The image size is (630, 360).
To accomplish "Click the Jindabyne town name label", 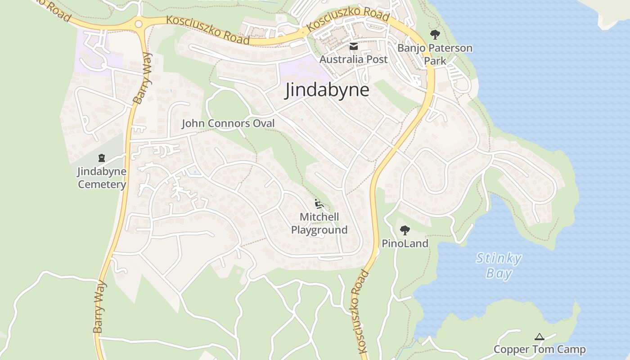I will pyautogui.click(x=327, y=90).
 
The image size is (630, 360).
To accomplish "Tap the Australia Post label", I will pyautogui.click(x=353, y=59).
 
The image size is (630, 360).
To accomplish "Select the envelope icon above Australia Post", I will pyautogui.click(x=353, y=46).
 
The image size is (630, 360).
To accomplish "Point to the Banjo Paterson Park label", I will pyautogui.click(x=435, y=54).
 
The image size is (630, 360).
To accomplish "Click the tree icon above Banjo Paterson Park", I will pyautogui.click(x=435, y=34).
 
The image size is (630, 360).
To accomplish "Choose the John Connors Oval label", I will pyautogui.click(x=228, y=123).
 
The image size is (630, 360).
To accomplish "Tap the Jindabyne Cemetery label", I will pyautogui.click(x=102, y=178).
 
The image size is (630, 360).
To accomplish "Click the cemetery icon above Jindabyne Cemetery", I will pyautogui.click(x=102, y=158).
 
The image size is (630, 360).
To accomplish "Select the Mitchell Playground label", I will pyautogui.click(x=319, y=224).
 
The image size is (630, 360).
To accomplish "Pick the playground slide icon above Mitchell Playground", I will pyautogui.click(x=319, y=204).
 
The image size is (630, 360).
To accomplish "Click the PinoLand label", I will pyautogui.click(x=405, y=244).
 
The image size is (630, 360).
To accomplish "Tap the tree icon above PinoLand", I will pyautogui.click(x=405, y=230).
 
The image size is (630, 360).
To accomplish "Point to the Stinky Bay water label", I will pyautogui.click(x=499, y=266).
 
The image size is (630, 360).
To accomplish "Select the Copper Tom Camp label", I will pyautogui.click(x=540, y=350).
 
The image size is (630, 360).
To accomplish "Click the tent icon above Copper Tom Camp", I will pyautogui.click(x=539, y=337).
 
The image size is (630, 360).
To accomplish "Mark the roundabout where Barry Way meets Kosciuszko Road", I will pyautogui.click(x=139, y=24).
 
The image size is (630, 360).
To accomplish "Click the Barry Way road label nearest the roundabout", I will pyautogui.click(x=144, y=79).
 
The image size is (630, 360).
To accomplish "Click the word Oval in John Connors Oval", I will pyautogui.click(x=263, y=123).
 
